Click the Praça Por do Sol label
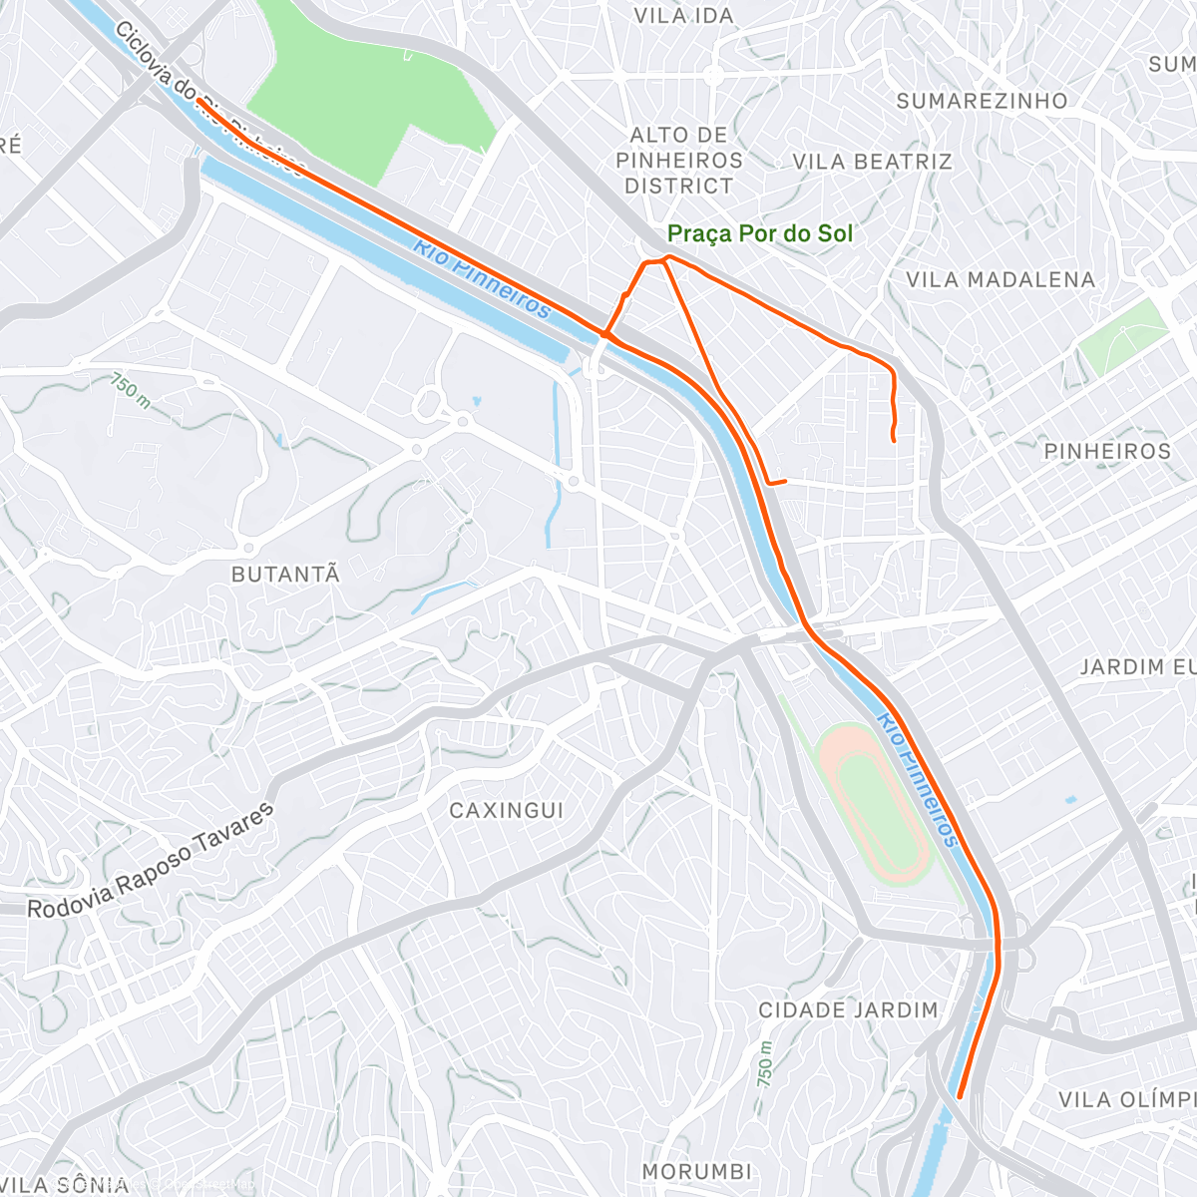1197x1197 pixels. point(760,233)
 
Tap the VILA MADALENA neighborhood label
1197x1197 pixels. point(999,280)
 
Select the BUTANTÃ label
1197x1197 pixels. point(285,575)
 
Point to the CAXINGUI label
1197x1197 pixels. point(507,811)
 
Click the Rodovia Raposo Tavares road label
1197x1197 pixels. point(150,863)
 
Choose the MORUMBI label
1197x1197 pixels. point(696,1171)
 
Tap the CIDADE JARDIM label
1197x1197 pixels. point(848,1010)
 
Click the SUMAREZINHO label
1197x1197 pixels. point(982,101)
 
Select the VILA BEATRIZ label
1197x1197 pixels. point(872,162)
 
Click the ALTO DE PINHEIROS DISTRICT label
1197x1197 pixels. point(679,161)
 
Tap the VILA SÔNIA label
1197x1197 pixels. point(65,1185)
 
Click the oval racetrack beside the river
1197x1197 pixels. point(876,803)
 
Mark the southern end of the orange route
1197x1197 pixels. point(960,1096)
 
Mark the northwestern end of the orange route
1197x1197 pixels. point(199,101)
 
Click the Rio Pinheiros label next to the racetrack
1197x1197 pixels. point(918,780)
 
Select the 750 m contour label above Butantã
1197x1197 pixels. point(131,390)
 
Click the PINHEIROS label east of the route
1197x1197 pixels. point(1107,452)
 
